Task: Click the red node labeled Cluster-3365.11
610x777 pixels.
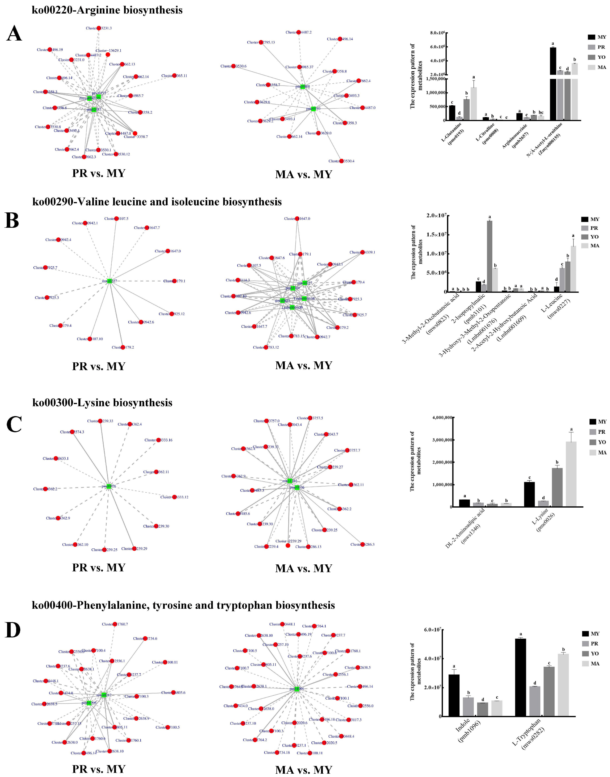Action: pos(174,75)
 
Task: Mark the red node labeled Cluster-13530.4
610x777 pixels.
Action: pos(341,161)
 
